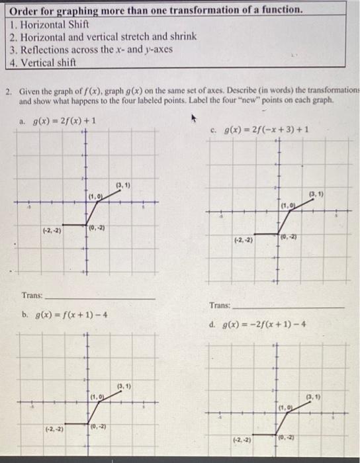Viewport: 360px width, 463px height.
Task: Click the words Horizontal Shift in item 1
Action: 50,23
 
